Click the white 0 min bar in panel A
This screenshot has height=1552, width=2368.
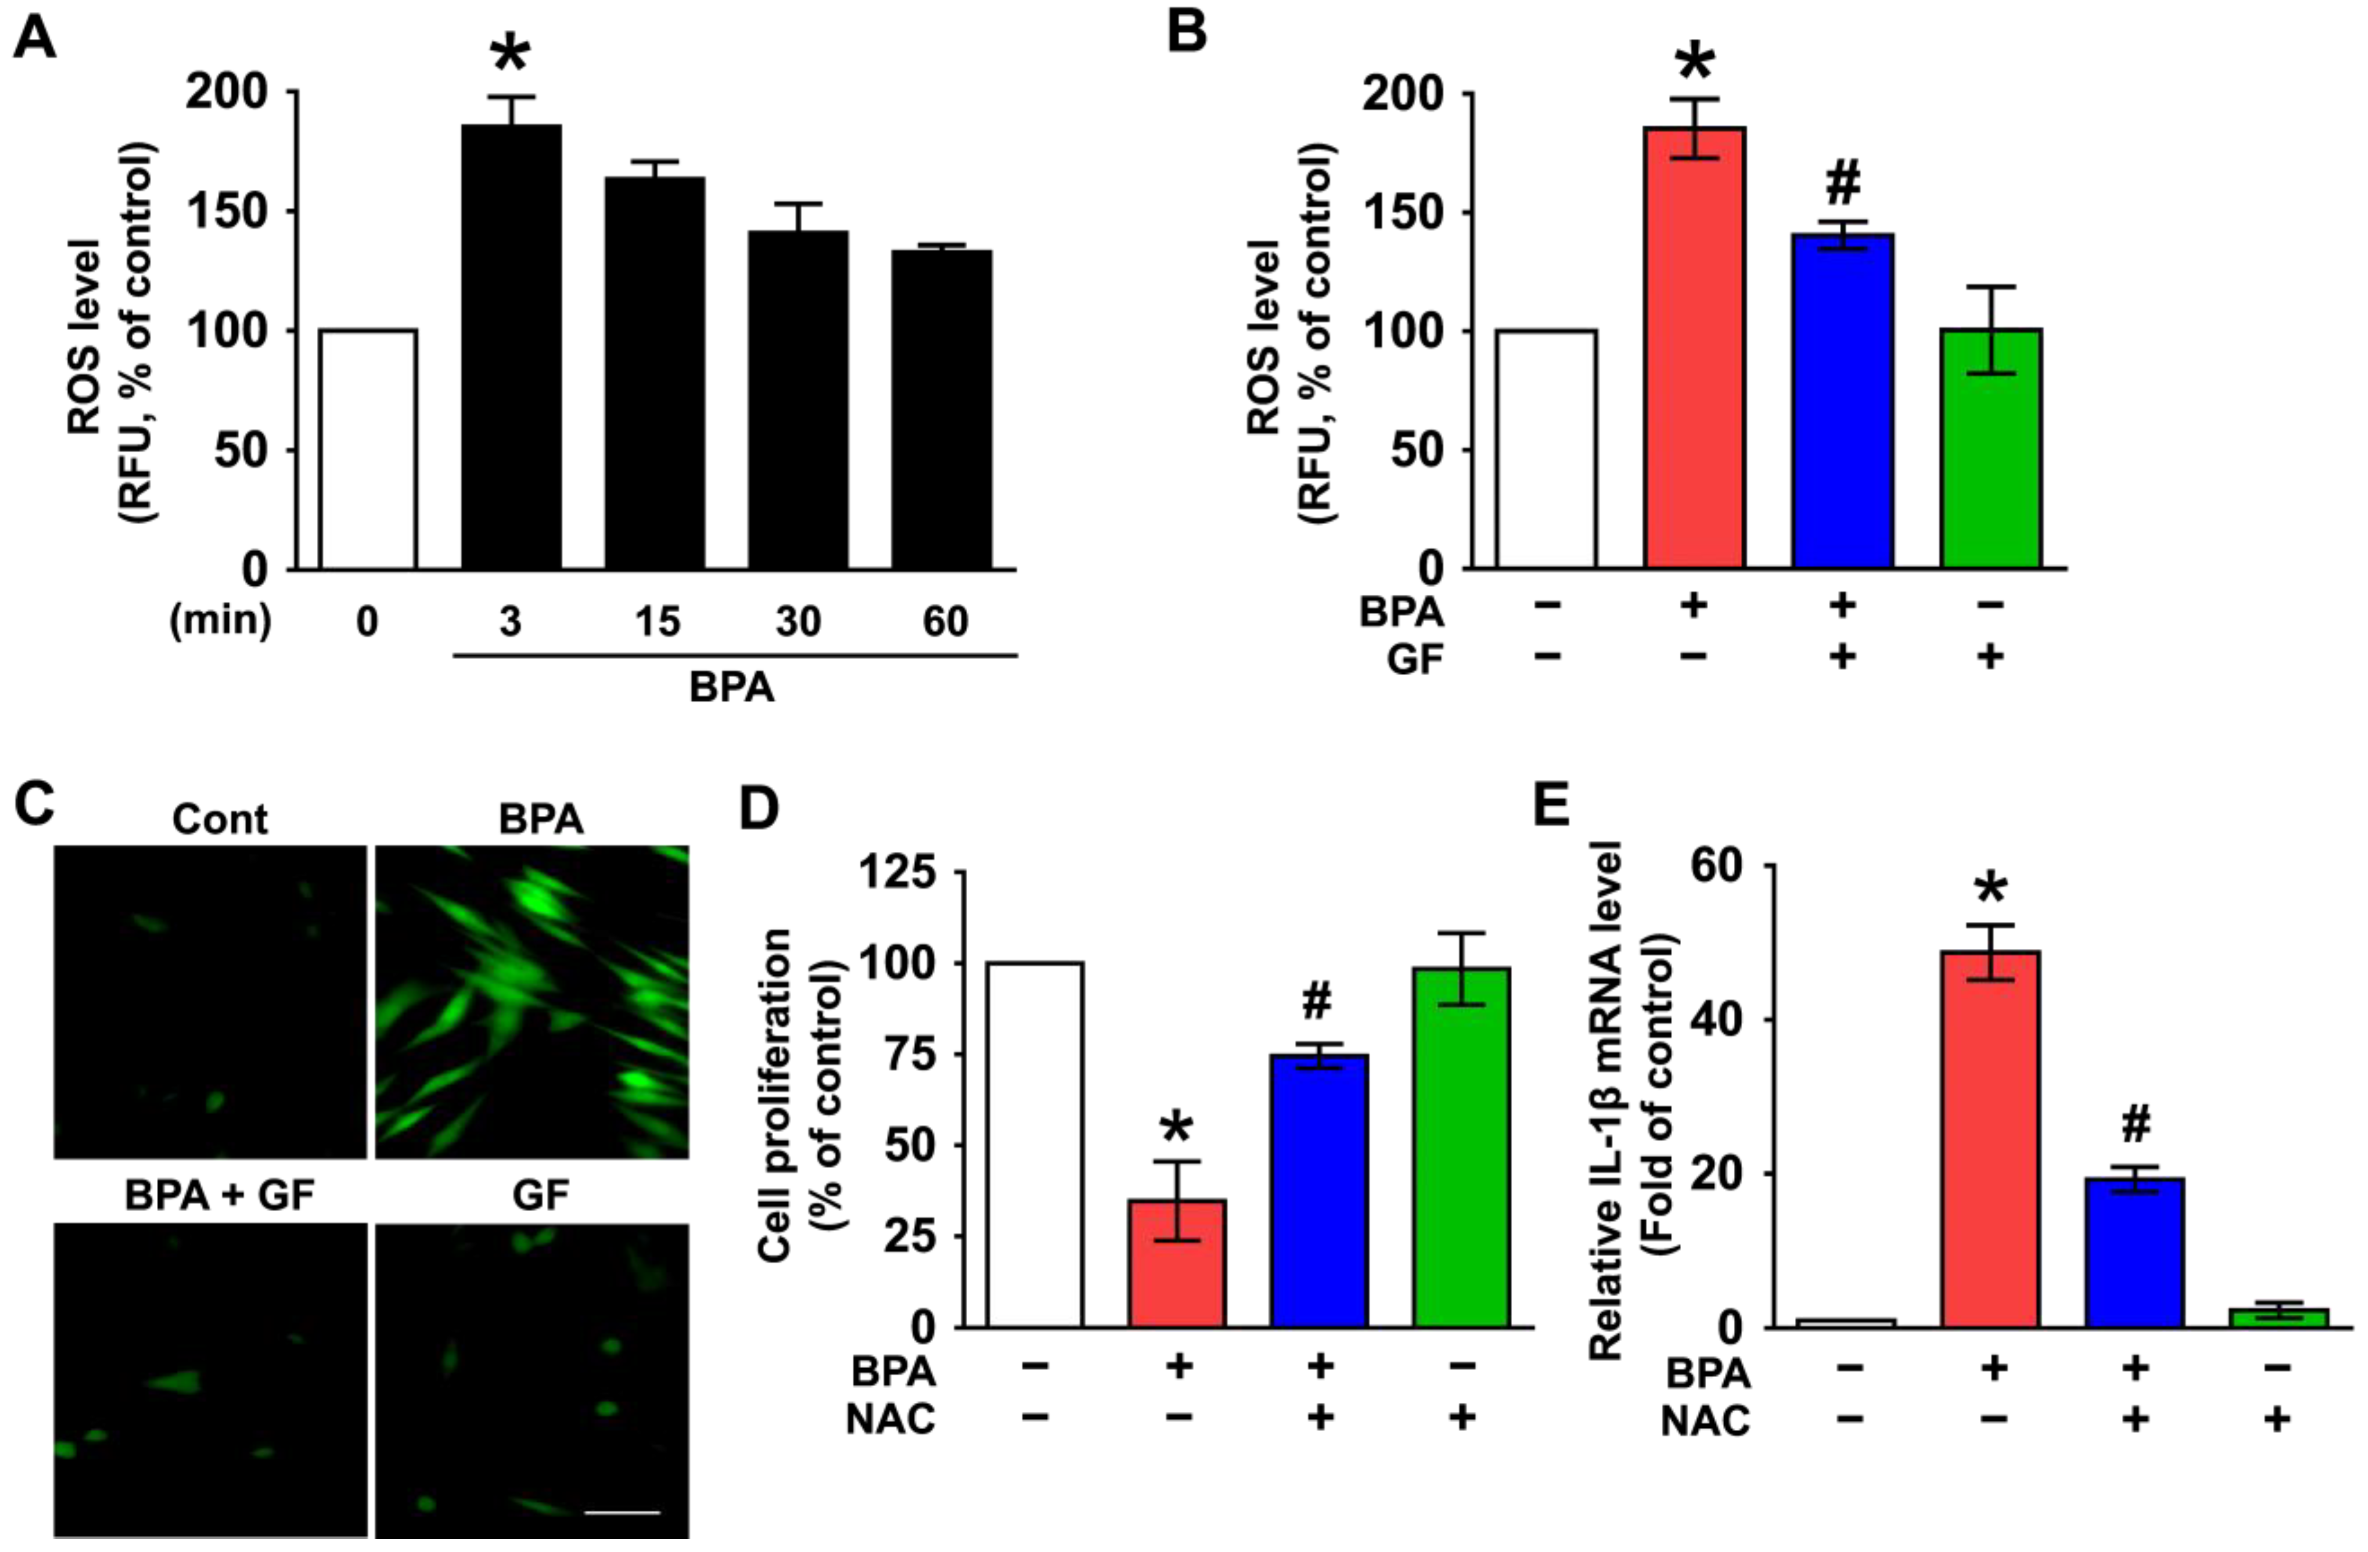pos(367,450)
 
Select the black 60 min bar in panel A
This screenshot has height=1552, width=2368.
pos(941,410)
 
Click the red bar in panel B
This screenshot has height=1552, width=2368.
pos(1694,348)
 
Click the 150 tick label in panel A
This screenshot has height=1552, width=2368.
pos(227,212)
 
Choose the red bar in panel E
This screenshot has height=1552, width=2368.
pos(1990,1139)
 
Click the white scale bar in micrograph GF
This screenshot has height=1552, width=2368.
pos(622,1512)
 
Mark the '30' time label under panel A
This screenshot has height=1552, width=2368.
pos(798,622)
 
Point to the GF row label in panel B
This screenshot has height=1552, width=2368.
pos(1414,659)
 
